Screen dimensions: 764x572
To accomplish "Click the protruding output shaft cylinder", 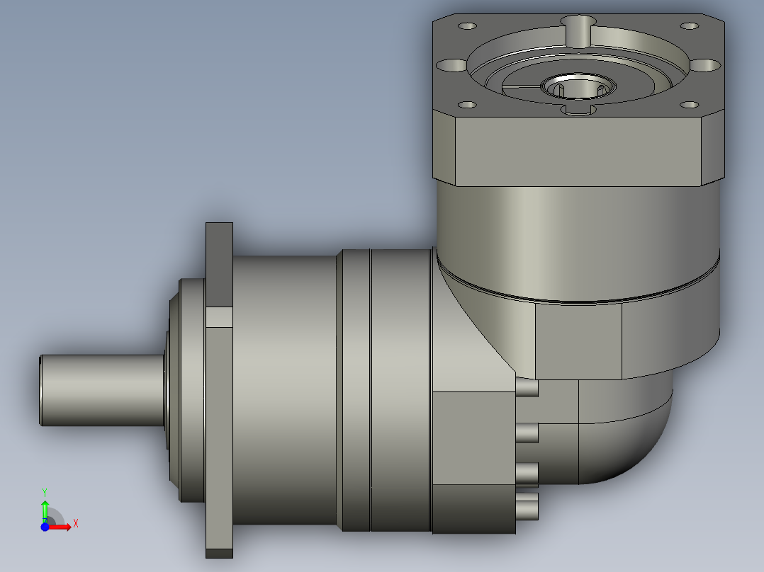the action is pyautogui.click(x=102, y=390).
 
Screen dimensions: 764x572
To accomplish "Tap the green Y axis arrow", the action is pyautogui.click(x=45, y=510).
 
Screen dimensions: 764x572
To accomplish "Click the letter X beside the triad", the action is pyautogui.click(x=76, y=524).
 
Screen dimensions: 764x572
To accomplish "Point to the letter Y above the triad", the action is pyautogui.click(x=45, y=493).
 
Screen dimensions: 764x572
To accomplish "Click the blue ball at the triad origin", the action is pyautogui.click(x=45, y=527).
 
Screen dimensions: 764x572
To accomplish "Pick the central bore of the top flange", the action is pyautogui.click(x=578, y=87).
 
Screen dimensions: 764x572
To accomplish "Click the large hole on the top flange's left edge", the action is pyautogui.click(x=451, y=64).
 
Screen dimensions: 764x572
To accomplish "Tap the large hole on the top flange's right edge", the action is pyautogui.click(x=705, y=64).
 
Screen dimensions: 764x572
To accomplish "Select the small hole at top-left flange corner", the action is pyautogui.click(x=467, y=25).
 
